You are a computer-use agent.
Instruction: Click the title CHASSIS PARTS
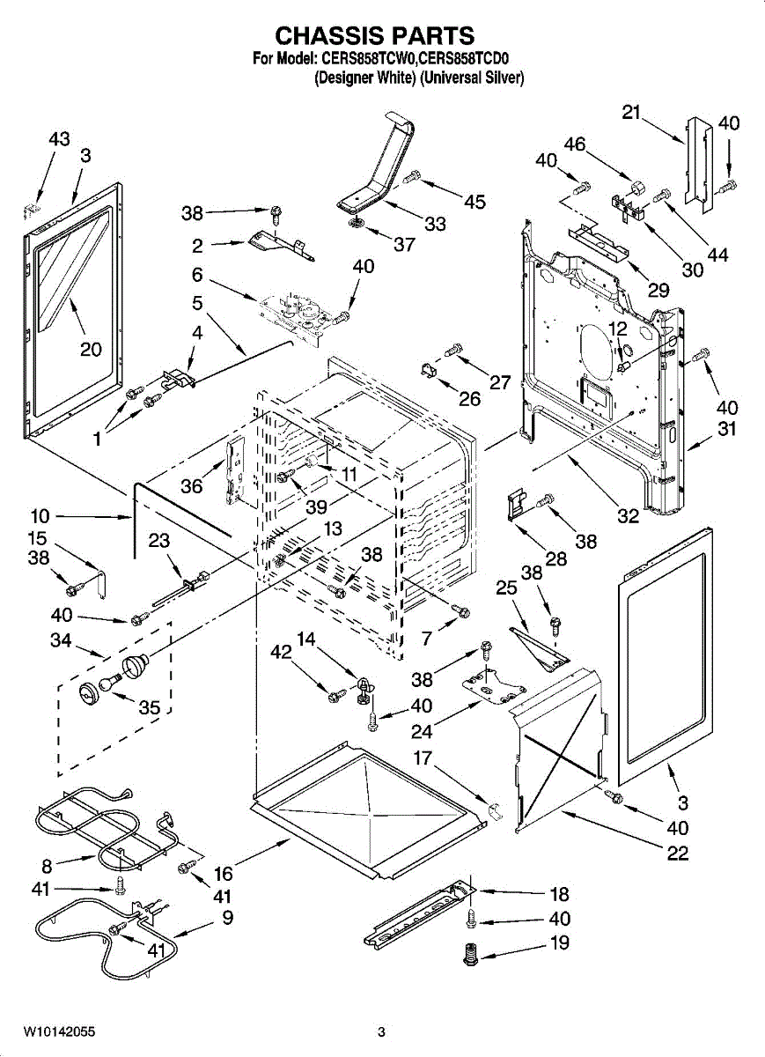click(375, 35)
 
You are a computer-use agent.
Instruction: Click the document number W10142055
click(59, 1031)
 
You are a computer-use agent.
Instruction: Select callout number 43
click(59, 139)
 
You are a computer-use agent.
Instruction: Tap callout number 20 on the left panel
click(92, 349)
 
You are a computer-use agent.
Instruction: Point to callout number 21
click(630, 113)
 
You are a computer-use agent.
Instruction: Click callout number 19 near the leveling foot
click(559, 942)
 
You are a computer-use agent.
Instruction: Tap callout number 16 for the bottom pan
click(224, 873)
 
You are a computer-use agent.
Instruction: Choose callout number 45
click(474, 203)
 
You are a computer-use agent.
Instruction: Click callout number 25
click(506, 588)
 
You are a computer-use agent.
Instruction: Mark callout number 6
click(198, 275)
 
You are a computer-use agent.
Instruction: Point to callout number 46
click(575, 144)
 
